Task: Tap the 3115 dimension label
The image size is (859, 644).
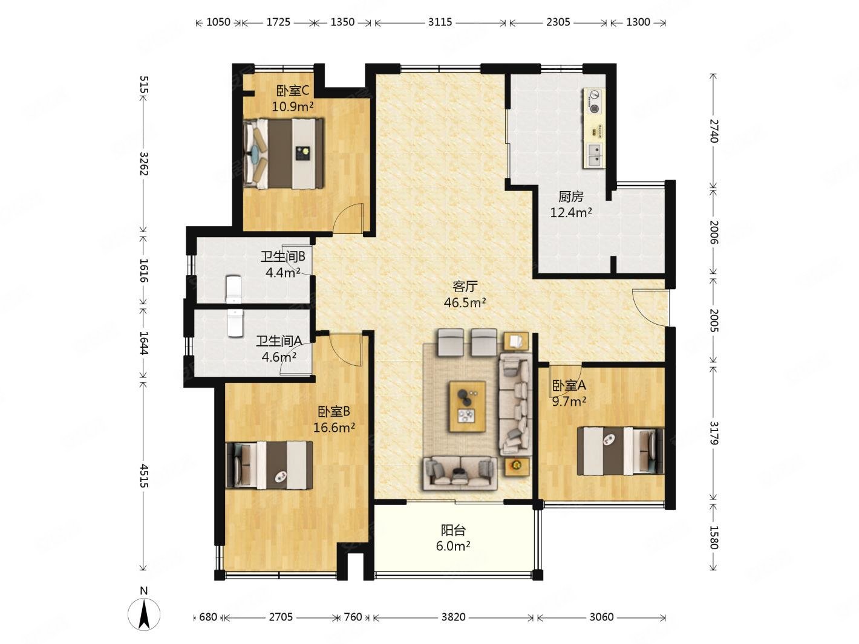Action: pos(440,22)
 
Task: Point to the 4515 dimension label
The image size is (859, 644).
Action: pos(144,475)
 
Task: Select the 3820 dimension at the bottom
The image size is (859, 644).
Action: pos(453,617)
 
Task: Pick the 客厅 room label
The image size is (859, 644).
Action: pos(465,287)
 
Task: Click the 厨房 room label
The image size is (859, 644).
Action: pos(571,197)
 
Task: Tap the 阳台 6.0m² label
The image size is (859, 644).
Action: pos(453,538)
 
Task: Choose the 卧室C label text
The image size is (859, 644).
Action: pos(293,91)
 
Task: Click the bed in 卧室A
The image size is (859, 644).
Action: pos(621,451)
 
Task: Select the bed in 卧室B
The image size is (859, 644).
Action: pos(269,465)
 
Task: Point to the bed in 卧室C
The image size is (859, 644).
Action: pos(283,154)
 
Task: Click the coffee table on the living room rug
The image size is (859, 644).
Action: pos(468,406)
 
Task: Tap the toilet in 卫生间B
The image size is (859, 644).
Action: pos(235,290)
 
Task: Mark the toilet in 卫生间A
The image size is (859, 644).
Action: pos(235,322)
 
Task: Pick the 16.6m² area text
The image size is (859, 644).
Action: pos(334,428)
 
